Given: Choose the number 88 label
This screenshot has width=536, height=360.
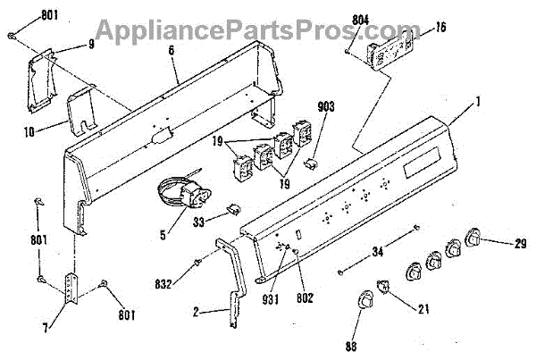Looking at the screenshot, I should (351, 346).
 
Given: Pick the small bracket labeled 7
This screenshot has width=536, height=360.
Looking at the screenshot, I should (73, 286).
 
